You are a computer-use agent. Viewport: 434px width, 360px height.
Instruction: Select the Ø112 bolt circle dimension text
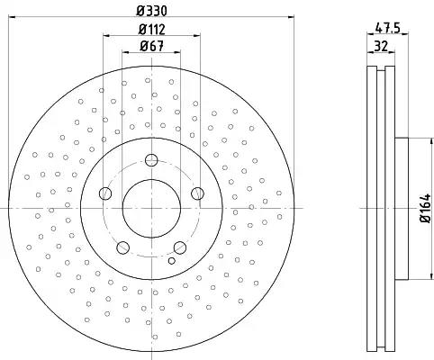151,30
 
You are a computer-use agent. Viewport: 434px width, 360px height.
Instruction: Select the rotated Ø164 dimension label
421,210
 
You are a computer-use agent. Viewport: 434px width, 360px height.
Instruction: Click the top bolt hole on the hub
150,161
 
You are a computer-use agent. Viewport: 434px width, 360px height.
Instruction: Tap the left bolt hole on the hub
104,193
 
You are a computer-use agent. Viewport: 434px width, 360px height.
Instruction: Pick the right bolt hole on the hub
197,193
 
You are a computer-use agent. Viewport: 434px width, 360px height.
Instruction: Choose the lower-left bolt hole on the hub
122,247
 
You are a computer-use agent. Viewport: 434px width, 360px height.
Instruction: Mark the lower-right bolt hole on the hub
179,247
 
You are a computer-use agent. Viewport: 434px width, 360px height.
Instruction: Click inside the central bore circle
150,210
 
